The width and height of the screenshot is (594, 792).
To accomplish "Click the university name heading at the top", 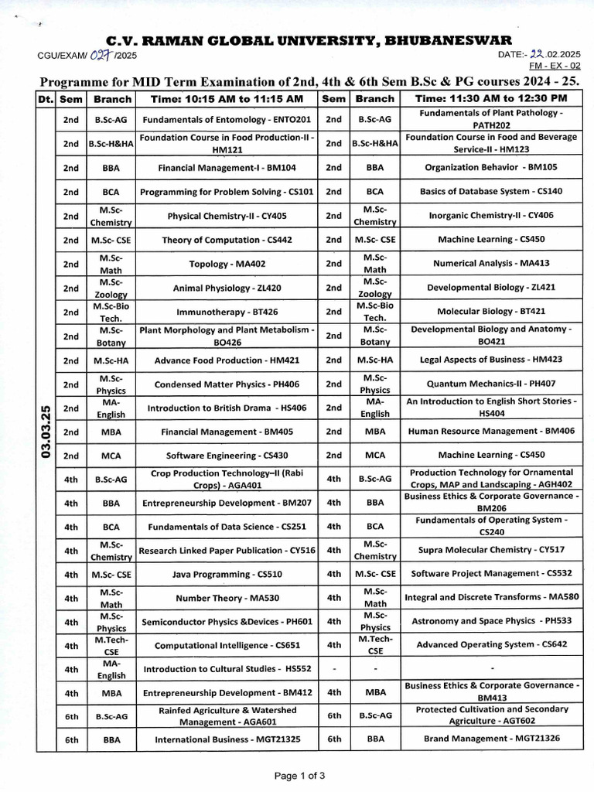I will click(309, 40).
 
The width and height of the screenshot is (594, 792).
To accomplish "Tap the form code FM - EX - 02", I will click(544, 68).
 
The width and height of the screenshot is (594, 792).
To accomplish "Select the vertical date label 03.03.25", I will click(45, 431).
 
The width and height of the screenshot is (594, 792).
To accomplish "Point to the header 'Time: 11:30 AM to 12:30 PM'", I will click(491, 99).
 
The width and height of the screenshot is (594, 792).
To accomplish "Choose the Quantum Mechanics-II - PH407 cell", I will click(491, 384).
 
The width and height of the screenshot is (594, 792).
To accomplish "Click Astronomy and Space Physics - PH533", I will click(491, 621).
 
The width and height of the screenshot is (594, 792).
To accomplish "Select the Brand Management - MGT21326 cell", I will click(491, 739).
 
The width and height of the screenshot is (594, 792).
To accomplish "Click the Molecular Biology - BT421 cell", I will click(491, 312).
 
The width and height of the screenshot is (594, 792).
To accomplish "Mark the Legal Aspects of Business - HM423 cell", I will click(491, 360).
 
